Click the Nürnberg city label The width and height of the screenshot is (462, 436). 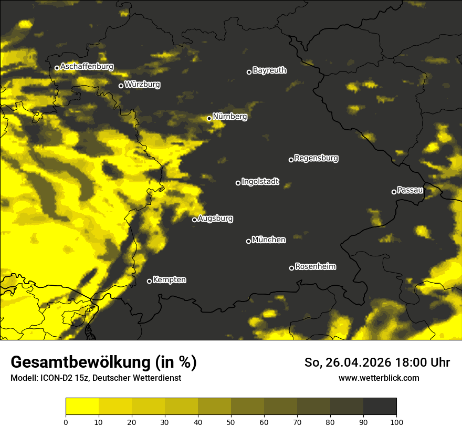[229, 117]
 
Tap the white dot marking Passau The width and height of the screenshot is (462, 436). [394, 192]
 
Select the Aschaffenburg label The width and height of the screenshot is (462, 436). [87, 67]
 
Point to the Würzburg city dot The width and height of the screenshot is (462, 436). [121, 86]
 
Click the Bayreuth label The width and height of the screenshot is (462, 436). [269, 70]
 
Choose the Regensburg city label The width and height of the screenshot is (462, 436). [316, 158]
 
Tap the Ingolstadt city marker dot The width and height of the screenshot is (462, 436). [238, 183]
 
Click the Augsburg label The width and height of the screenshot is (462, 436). [215, 219]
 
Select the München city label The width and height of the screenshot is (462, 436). [269, 240]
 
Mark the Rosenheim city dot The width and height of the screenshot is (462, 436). [291, 268]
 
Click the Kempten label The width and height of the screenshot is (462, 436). [170, 280]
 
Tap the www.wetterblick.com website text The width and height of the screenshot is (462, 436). [379, 378]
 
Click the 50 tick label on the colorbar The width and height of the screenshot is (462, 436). [231, 422]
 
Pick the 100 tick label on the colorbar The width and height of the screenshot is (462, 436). [396, 422]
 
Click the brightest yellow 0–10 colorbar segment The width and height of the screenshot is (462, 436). [82, 407]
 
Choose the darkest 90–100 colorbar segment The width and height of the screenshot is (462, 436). [380, 407]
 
